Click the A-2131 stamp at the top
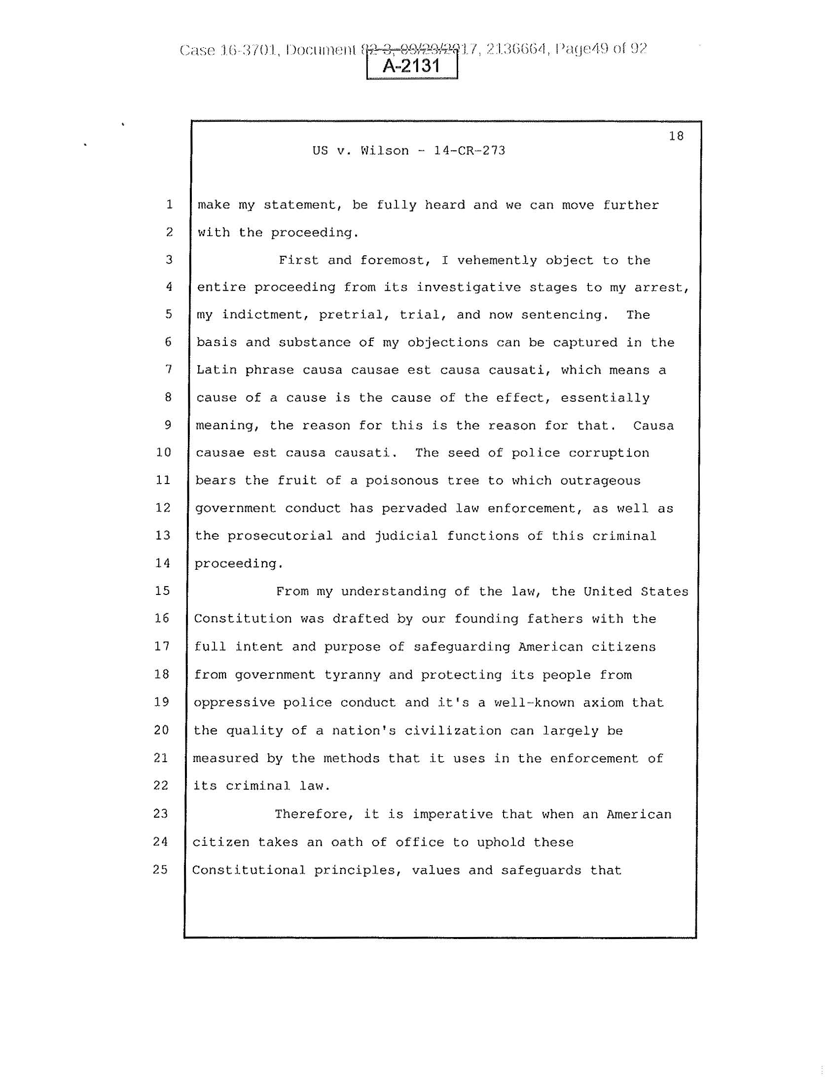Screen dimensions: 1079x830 click(411, 66)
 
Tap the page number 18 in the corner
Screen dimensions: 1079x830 click(676, 136)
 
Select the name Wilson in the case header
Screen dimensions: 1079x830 click(384, 151)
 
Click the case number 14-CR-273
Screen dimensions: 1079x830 click(469, 151)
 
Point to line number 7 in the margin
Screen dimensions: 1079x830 click(169, 369)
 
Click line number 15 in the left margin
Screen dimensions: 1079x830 click(163, 590)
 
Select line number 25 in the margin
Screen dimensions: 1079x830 click(161, 869)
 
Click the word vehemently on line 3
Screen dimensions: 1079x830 click(497, 260)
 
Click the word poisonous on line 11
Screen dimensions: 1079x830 click(401, 481)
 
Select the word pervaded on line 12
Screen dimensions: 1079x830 click(414, 509)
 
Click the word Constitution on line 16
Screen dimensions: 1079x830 click(243, 619)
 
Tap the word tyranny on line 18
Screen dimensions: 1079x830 click(352, 675)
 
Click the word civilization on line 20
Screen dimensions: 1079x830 click(453, 731)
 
